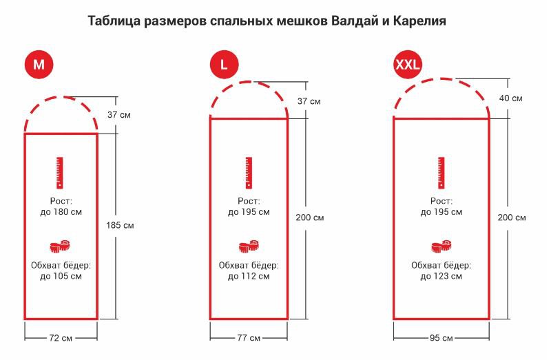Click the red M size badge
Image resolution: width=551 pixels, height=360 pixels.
click(x=39, y=64)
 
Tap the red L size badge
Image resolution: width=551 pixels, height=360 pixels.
click(x=225, y=64)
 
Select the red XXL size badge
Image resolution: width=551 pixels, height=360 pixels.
click(x=408, y=64)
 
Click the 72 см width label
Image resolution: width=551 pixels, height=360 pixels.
click(x=61, y=338)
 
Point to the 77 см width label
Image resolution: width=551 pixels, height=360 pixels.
click(x=249, y=338)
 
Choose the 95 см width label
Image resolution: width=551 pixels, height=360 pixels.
click(x=441, y=338)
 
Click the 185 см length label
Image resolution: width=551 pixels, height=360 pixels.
click(x=120, y=225)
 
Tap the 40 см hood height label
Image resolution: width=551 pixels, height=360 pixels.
click(x=510, y=98)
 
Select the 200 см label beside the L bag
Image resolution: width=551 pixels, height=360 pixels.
click(x=309, y=218)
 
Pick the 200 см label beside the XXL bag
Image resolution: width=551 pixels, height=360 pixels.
click(x=512, y=218)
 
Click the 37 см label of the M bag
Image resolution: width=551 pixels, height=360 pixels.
click(x=119, y=115)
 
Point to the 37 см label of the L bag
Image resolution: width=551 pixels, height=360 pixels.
click(x=309, y=101)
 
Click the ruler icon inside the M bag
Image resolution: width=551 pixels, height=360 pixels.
click(x=60, y=173)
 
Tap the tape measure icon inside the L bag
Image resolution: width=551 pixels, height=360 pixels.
click(x=249, y=246)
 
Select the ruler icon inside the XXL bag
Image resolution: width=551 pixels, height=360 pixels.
click(x=441, y=173)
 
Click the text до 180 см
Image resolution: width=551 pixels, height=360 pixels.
click(x=61, y=212)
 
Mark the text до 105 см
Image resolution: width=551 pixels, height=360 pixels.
click(x=61, y=277)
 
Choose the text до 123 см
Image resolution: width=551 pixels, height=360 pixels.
click(x=441, y=277)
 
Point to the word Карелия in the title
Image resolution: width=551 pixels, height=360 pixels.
click(x=419, y=21)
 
